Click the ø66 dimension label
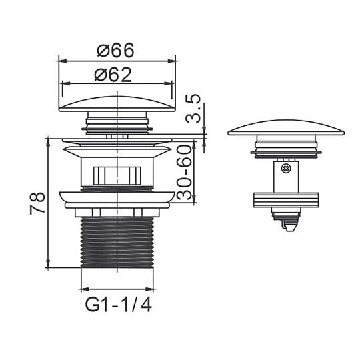click(115, 50)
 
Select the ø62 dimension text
click(113, 75)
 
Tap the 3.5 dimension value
click(193, 109)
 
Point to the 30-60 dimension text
click(184, 172)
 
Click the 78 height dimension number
click(37, 203)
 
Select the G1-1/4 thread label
click(118, 305)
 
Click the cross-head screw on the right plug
click(286, 169)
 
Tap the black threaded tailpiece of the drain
click(117, 242)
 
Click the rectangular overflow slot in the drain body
click(117, 175)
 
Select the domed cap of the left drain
click(117, 104)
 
